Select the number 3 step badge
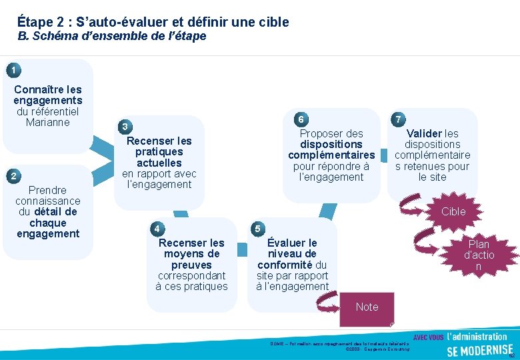pos(125,127)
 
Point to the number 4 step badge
pos(157,229)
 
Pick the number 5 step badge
pos(257,229)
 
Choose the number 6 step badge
pos(301,119)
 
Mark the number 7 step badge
pos(398,119)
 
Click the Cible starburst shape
pos(453,211)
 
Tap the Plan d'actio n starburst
pos(479,255)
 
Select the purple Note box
pos(367,307)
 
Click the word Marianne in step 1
pos(47,122)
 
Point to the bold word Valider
pos(424,133)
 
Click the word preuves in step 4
pos(191,265)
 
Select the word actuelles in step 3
pos(159,163)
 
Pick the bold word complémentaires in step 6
pos(331,155)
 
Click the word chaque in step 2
pos(47,223)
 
